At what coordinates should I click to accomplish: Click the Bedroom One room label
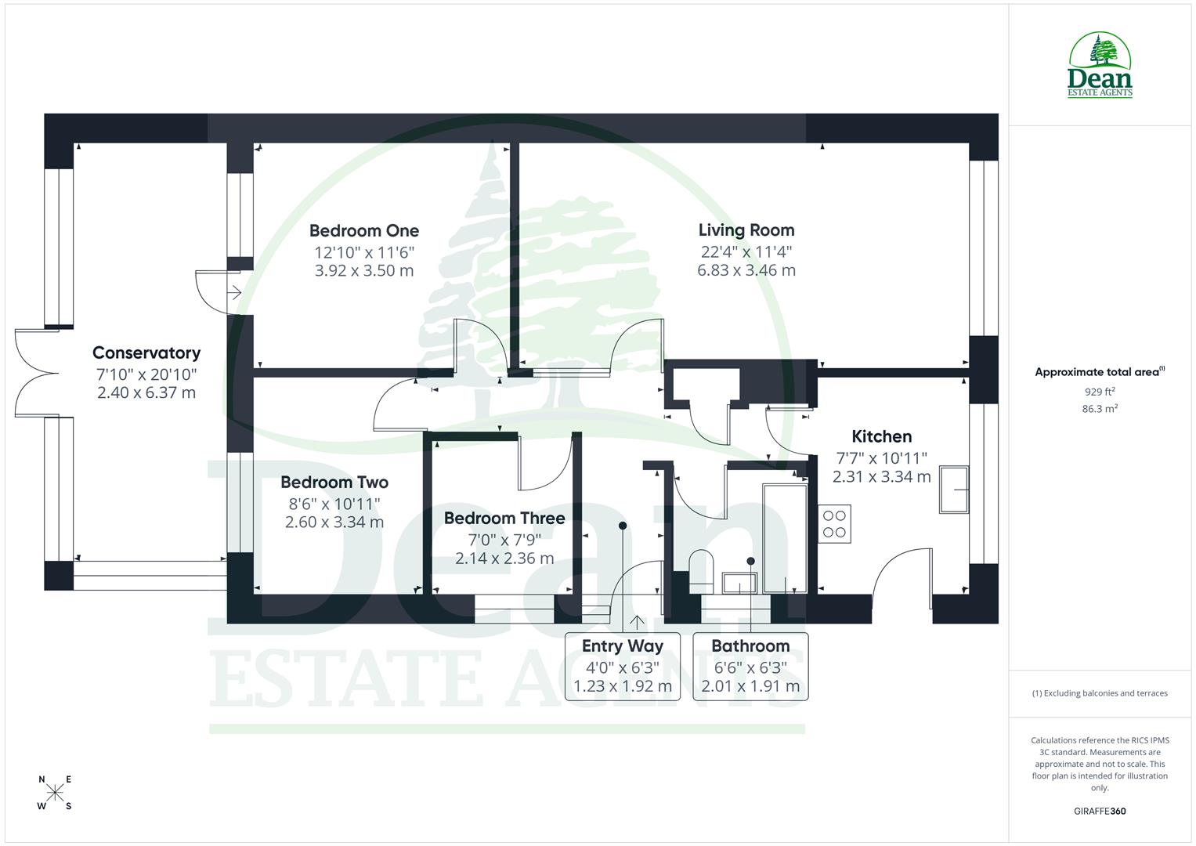[363, 230]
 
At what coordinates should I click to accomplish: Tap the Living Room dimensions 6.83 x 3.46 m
[746, 270]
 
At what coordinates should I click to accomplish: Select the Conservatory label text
[146, 353]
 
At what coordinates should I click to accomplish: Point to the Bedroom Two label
[334, 483]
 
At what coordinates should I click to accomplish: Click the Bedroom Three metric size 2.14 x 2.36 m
[504, 559]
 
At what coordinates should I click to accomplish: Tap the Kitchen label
[881, 436]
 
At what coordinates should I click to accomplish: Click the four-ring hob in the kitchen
[834, 524]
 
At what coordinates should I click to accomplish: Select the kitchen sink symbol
[953, 490]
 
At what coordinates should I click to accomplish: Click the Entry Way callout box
[622, 666]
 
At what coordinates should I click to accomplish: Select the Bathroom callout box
[750, 666]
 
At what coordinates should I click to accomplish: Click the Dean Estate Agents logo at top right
[1100, 66]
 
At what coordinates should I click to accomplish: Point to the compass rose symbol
[55, 792]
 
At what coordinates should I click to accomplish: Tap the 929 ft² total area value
[1100, 391]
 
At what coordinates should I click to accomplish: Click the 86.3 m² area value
[1100, 408]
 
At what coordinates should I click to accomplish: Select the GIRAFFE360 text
[1100, 811]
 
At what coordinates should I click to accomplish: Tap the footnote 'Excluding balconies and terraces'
[1100, 693]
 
